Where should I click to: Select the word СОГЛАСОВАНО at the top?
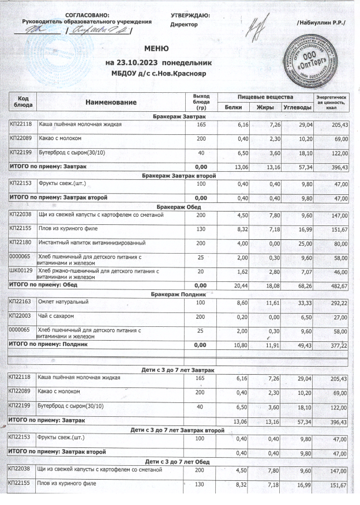tap(87, 14)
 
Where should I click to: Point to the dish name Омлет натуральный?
tap(63, 302)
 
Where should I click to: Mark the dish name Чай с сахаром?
tap(58, 316)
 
